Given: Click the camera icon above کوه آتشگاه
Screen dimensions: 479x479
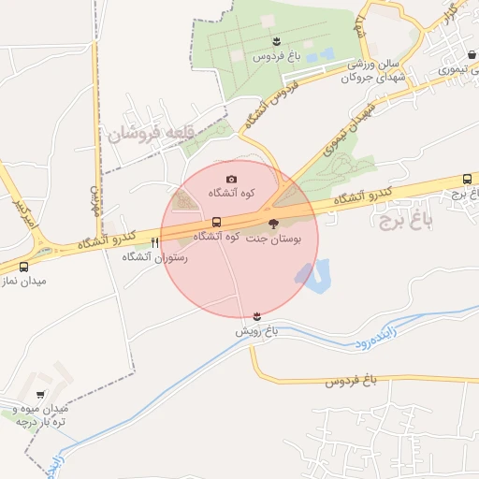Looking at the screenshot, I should pyautogui.click(x=232, y=179).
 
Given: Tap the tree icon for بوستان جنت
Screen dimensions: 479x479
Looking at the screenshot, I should pyautogui.click(x=273, y=224).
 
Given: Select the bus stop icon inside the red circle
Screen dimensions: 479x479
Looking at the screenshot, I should pyautogui.click(x=217, y=223).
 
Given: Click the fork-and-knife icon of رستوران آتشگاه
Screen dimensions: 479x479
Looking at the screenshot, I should pyautogui.click(x=154, y=242).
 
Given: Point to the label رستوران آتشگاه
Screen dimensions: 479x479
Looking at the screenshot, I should pyautogui.click(x=156, y=256).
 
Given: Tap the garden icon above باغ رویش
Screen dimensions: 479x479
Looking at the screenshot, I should pyautogui.click(x=257, y=314).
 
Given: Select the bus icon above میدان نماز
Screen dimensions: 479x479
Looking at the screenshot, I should pyautogui.click(x=23, y=267).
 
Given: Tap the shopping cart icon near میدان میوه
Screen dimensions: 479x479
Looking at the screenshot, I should pyautogui.click(x=40, y=395).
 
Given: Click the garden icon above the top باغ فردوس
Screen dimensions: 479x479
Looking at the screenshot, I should pyautogui.click(x=276, y=40).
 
